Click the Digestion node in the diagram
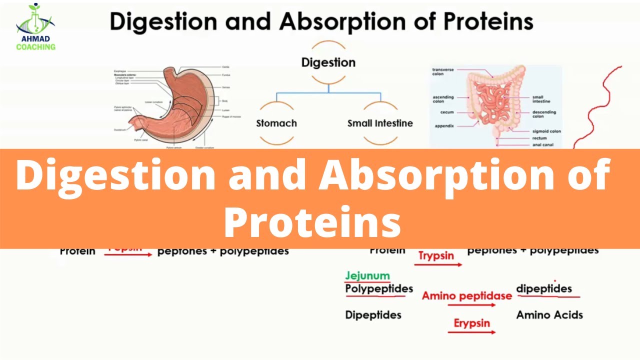[x=328, y=62]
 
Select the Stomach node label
[x=276, y=123]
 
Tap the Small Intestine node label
[x=380, y=123]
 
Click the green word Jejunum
[x=367, y=275]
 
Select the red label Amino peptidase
[x=466, y=295]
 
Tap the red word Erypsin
[x=471, y=323]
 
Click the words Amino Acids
[x=549, y=315]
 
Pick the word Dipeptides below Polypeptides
[x=373, y=315]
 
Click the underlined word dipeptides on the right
[x=544, y=289]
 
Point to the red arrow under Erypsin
[x=474, y=332]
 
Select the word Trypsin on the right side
[x=436, y=255]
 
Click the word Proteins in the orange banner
[x=312, y=222]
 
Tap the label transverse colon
[x=443, y=71]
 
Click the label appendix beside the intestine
[x=444, y=126]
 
